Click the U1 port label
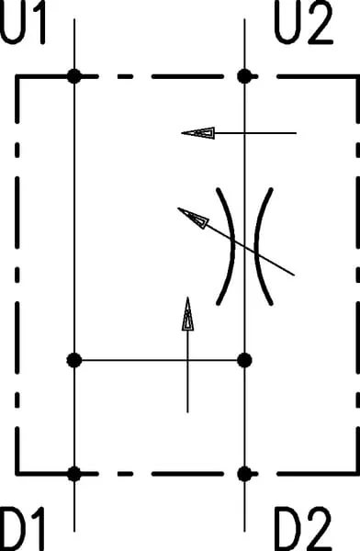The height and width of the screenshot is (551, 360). pyautogui.click(x=23, y=22)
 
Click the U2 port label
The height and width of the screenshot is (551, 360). pyautogui.click(x=303, y=22)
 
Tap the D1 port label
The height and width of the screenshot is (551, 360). pyautogui.click(x=22, y=529)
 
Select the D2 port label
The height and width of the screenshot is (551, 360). pyautogui.click(x=303, y=529)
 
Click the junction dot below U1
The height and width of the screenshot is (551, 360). pyautogui.click(x=74, y=76)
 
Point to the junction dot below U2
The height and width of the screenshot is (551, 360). pyautogui.click(x=244, y=76)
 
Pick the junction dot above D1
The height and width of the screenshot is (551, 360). pyautogui.click(x=74, y=474)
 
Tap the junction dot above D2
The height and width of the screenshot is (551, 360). pyautogui.click(x=244, y=474)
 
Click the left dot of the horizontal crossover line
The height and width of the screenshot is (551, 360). pyautogui.click(x=74, y=360)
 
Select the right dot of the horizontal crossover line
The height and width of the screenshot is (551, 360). pyautogui.click(x=244, y=360)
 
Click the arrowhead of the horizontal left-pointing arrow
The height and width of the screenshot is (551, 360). pyautogui.click(x=197, y=133)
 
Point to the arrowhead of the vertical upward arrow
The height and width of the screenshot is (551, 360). pyautogui.click(x=187, y=314)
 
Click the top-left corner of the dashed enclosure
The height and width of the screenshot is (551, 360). pyautogui.click(x=17, y=76)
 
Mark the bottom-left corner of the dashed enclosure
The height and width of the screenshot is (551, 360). pyautogui.click(x=17, y=474)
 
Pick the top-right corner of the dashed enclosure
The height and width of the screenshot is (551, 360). pyautogui.click(x=358, y=76)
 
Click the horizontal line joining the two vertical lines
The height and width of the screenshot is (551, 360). pyautogui.click(x=159, y=360)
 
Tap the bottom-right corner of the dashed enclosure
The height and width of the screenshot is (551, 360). pyautogui.click(x=358, y=474)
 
